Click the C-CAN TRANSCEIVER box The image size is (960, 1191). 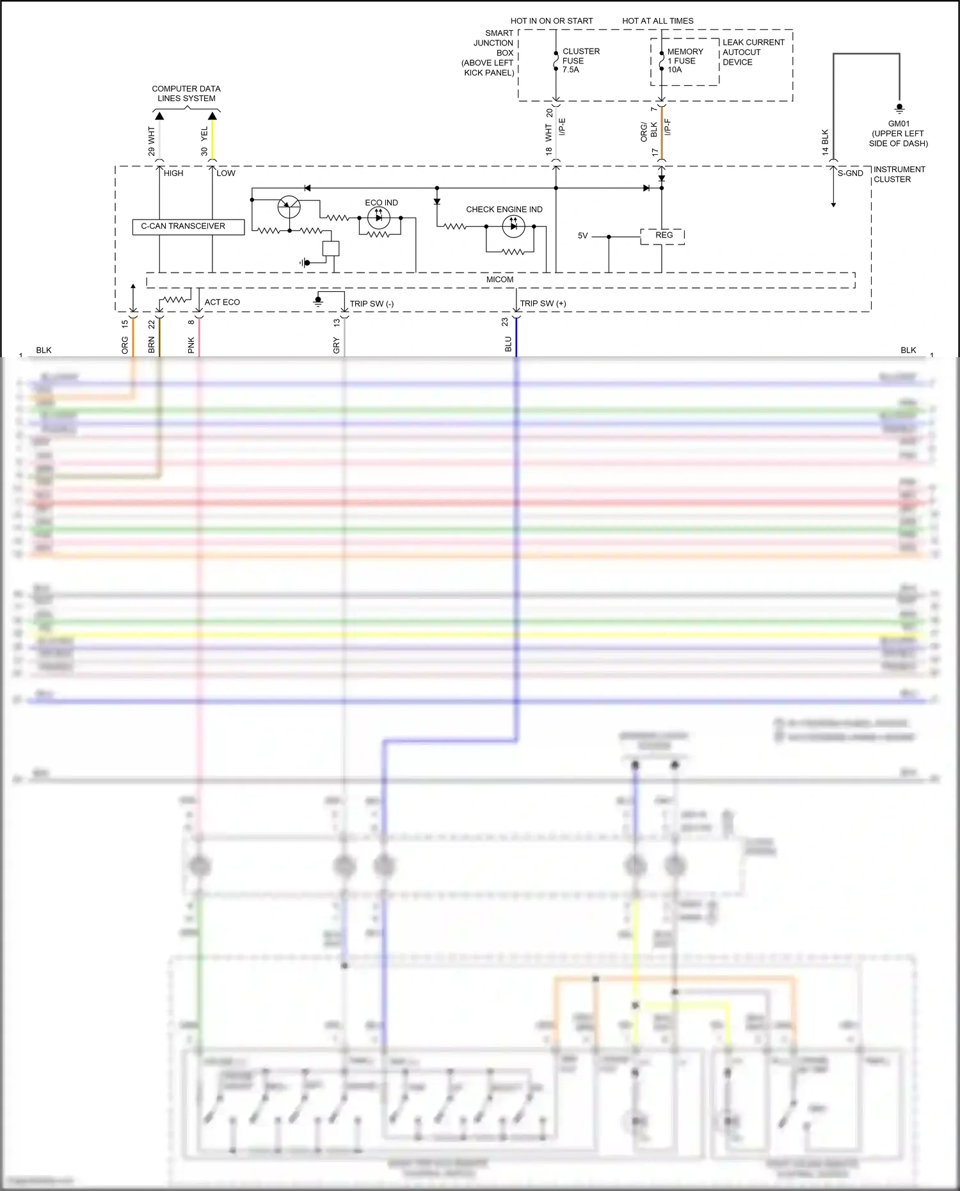click(x=188, y=227)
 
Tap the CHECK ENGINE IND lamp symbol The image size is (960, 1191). click(x=513, y=226)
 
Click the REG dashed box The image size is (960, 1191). click(x=663, y=236)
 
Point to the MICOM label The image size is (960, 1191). click(x=499, y=280)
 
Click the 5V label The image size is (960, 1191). click(x=582, y=236)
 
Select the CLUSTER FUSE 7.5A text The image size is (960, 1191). click(x=580, y=61)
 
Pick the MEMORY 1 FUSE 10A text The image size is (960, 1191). click(x=684, y=61)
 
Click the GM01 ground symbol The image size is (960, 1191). click(x=899, y=108)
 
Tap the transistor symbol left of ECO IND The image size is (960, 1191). click(x=289, y=207)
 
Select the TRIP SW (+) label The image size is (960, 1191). click(x=543, y=304)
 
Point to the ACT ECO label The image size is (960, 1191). click(x=222, y=302)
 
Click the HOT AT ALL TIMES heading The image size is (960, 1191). click(x=657, y=21)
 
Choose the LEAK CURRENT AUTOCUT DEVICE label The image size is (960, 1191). click(x=753, y=52)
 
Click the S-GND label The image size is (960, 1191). click(x=850, y=173)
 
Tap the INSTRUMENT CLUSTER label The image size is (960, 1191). click(x=899, y=174)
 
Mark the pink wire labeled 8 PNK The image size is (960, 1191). click(x=199, y=336)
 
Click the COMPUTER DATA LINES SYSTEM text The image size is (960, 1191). click(x=186, y=93)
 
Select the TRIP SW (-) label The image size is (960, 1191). click(x=371, y=304)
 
